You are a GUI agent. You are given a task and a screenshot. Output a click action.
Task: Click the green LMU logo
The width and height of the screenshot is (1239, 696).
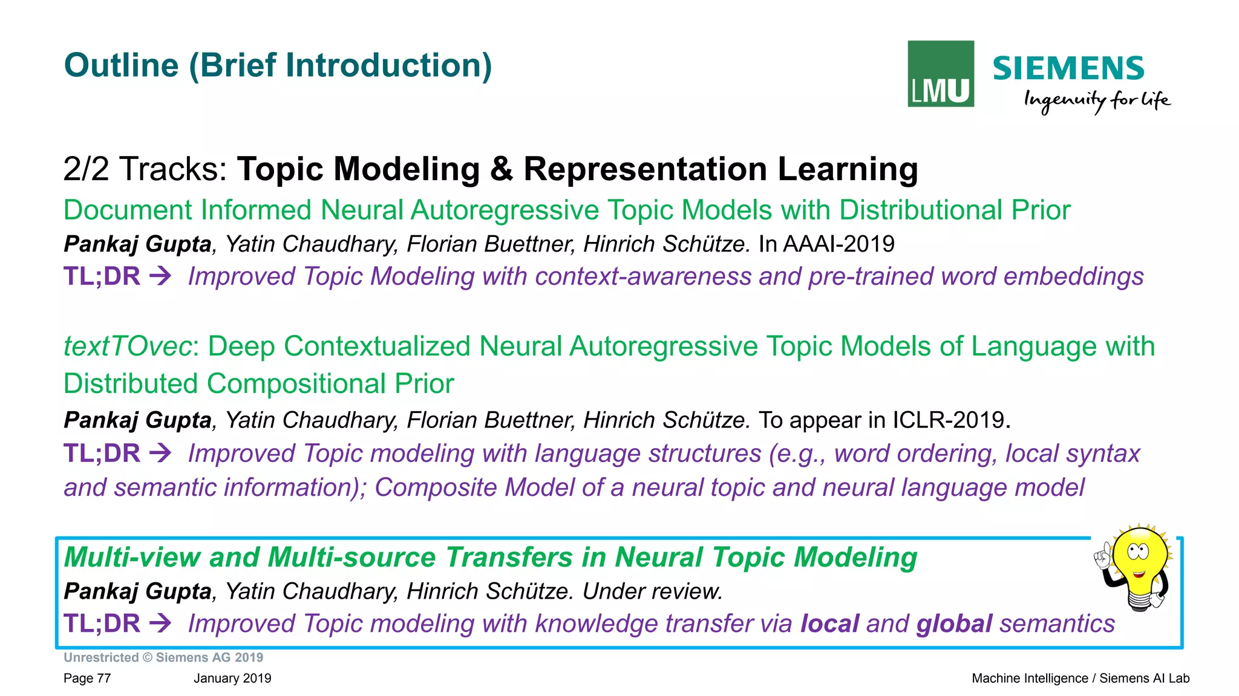point(940,74)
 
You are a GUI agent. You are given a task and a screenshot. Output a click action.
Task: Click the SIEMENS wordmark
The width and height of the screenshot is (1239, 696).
point(1068,68)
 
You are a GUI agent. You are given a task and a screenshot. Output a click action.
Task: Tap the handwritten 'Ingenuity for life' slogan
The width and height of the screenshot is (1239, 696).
point(1096,100)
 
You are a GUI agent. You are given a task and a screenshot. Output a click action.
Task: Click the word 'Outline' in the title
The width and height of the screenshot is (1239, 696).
point(121,65)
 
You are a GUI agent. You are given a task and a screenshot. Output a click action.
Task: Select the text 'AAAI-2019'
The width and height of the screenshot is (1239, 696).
point(838,244)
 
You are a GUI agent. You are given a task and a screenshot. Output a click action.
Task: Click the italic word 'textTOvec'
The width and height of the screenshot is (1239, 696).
point(128,346)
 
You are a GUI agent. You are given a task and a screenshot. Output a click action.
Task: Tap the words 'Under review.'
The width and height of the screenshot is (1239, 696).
point(652,591)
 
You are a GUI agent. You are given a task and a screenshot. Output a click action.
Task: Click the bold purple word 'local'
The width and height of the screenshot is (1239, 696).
point(829,623)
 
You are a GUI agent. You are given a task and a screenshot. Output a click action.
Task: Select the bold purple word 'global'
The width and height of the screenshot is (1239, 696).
point(954,623)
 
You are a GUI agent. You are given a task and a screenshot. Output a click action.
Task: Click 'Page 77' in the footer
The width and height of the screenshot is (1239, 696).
point(87,678)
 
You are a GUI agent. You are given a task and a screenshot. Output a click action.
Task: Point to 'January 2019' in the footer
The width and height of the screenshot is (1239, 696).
point(232,678)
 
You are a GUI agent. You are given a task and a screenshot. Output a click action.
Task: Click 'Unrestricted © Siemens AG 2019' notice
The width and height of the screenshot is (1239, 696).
point(163,657)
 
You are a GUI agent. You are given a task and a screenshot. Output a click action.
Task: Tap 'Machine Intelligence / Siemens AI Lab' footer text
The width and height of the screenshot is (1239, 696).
point(1080,678)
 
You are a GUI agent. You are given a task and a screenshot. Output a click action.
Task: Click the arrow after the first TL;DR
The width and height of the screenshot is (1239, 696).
point(160,276)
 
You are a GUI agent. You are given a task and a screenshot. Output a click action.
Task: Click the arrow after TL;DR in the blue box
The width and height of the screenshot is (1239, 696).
point(160,623)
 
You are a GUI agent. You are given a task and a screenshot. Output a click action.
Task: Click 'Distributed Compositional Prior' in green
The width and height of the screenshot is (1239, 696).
point(258,384)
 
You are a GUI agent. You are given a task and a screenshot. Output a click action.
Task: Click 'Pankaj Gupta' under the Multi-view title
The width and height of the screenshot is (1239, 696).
point(137,591)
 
